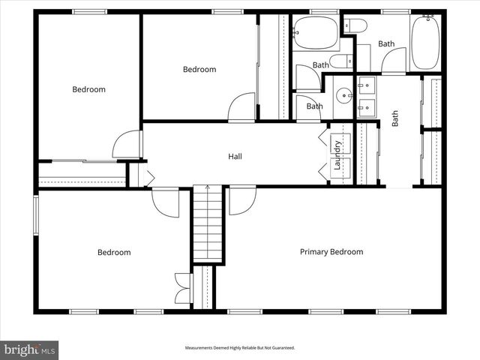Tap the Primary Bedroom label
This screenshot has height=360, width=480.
tap(331, 252)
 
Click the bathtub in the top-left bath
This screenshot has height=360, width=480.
tap(315, 32)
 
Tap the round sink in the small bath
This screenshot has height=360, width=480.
tap(343, 96)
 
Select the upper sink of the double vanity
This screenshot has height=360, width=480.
tap(367, 85)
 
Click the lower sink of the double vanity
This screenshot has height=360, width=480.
tap(367, 108)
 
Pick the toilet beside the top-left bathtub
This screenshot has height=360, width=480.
tap(357, 27)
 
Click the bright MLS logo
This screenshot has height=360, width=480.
tap(30, 349)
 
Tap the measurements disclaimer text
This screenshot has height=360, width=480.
tap(240, 348)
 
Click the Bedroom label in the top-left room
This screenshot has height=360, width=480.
tap(88, 89)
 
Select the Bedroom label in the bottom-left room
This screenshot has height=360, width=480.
tap(114, 253)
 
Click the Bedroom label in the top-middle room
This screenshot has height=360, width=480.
tap(199, 70)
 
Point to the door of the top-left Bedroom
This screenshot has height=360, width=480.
tap(127, 145)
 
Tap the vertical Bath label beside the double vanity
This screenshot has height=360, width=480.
tap(395, 119)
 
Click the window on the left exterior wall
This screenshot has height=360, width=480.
tap(35, 215)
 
